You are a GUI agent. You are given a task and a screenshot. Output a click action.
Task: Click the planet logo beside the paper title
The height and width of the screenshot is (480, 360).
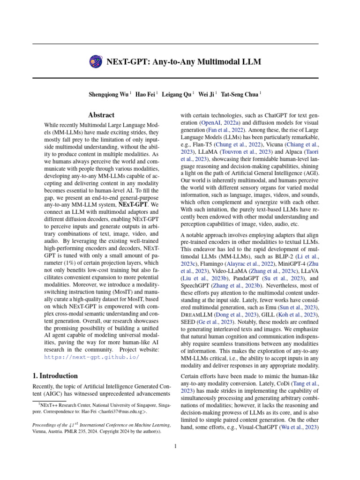click(94, 61)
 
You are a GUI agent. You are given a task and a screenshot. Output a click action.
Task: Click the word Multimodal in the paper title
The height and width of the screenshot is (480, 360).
click(216, 61)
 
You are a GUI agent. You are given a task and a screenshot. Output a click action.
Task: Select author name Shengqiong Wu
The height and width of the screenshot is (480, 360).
click(109, 94)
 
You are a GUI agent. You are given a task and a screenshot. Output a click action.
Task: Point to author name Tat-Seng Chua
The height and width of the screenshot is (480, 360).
click(239, 94)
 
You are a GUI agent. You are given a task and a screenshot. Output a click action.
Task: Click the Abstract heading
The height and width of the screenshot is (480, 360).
click(101, 115)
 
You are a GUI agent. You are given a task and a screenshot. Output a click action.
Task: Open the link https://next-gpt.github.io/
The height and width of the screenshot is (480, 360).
click(91, 357)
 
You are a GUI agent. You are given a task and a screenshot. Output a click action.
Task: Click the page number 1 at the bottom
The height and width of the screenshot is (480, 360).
click(175, 446)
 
